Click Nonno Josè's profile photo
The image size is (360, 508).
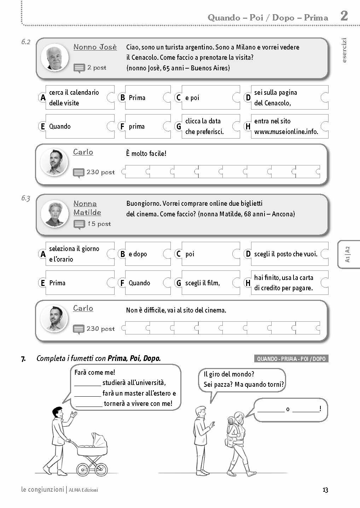click(54, 57)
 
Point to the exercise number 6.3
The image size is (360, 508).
click(25, 198)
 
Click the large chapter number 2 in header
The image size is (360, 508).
click(344, 16)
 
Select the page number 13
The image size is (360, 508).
click(325, 490)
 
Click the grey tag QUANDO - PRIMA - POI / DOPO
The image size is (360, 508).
click(291, 359)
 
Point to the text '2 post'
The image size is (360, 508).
click(97, 68)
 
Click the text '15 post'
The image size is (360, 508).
click(99, 224)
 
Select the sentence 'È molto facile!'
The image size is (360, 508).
click(146, 153)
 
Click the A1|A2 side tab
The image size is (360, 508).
click(348, 254)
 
